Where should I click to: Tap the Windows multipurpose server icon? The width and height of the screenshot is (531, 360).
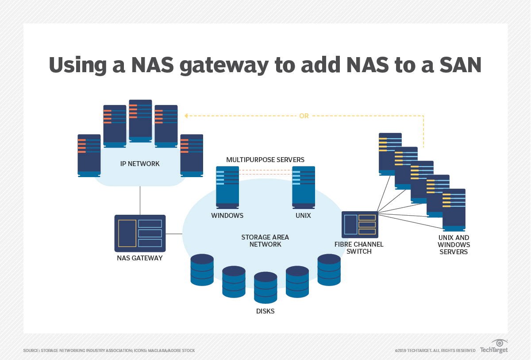click(227, 187)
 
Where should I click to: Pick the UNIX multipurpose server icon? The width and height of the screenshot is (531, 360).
click(304, 187)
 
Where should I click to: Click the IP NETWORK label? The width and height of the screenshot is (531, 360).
click(140, 164)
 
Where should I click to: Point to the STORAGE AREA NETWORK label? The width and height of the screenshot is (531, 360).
click(265, 240)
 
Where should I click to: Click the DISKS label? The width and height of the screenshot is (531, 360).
click(265, 311)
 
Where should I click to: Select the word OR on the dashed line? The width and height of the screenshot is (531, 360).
click(304, 116)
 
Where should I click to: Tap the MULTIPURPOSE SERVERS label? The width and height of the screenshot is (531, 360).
click(265, 159)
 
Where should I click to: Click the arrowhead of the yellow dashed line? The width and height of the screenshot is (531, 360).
click(186, 116)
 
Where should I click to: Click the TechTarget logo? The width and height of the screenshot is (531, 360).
click(494, 347)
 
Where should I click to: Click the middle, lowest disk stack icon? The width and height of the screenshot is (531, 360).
click(265, 287)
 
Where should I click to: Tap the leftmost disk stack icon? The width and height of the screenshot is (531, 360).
click(202, 270)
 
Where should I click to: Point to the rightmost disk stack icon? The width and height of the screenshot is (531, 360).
click(329, 270)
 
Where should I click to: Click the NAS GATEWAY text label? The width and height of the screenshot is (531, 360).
click(140, 258)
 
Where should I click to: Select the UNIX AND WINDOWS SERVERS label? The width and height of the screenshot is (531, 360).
click(454, 245)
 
